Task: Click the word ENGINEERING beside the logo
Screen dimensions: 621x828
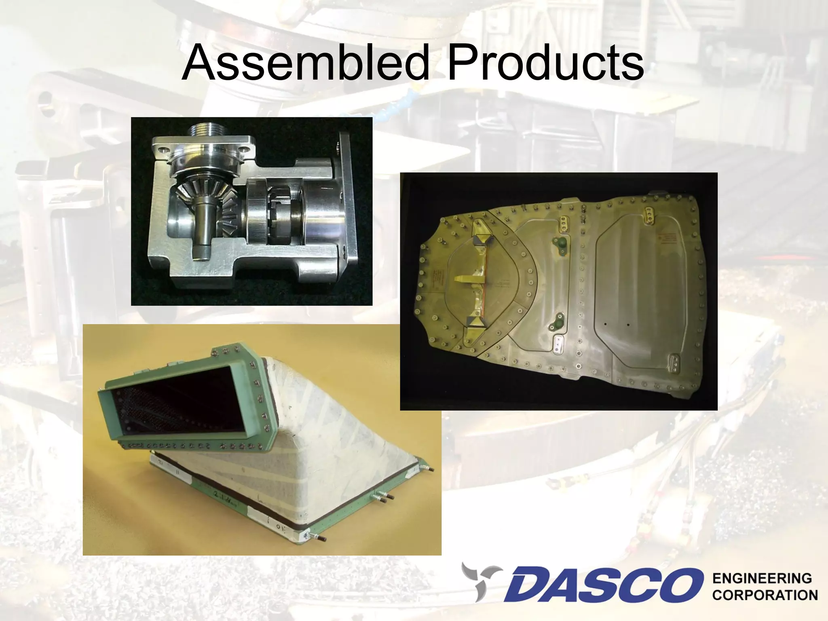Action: [762, 579]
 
